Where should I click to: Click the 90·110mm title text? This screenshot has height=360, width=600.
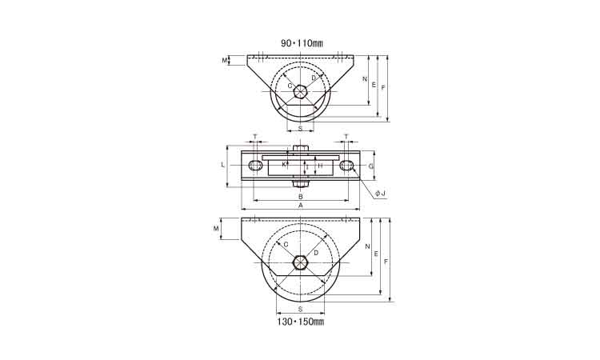tap(302, 44)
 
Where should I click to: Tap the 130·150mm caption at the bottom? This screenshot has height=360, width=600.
tap(301, 322)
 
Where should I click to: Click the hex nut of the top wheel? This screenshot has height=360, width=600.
tap(300, 91)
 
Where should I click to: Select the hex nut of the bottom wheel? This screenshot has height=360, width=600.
tap(300, 263)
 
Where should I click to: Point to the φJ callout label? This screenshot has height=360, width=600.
tap(380, 194)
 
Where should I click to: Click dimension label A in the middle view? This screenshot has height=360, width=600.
tap(301, 206)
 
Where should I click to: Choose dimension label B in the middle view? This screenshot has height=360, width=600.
tap(301, 196)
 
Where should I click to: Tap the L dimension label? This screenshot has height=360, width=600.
tap(223, 166)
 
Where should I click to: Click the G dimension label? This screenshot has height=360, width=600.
tap(370, 166)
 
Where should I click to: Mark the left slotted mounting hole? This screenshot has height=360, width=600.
tap(255, 166)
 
